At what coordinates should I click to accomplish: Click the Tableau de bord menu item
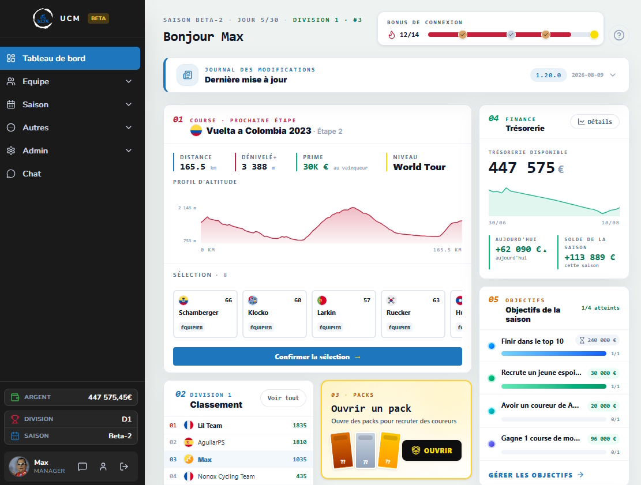(70, 58)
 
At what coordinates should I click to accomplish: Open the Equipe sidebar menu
(70, 81)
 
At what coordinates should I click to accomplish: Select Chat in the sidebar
(70, 174)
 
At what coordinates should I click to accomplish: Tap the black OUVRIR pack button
(432, 450)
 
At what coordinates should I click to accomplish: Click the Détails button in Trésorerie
(594, 122)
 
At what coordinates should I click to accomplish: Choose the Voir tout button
(283, 398)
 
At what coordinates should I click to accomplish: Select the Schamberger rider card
(205, 314)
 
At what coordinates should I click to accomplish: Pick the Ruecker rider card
(413, 314)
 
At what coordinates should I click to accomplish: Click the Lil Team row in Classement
(238, 426)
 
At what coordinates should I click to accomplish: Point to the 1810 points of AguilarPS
(299, 442)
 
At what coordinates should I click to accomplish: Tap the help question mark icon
(619, 36)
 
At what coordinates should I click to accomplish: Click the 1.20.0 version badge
(548, 75)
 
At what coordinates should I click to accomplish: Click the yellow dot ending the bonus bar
(594, 35)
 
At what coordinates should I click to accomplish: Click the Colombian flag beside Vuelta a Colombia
(196, 130)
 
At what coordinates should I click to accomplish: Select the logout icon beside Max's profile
(124, 467)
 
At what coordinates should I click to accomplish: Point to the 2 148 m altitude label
(188, 208)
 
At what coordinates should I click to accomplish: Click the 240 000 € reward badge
(597, 340)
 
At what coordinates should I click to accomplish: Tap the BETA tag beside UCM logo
(98, 18)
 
